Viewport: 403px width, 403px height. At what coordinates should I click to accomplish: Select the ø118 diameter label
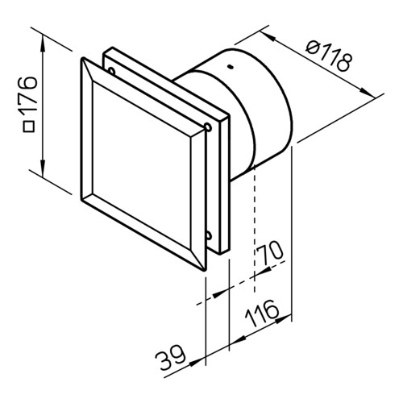coord(329,56)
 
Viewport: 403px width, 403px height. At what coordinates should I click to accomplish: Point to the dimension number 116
coord(262,313)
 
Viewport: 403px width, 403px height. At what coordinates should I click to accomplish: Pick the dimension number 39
coord(170,357)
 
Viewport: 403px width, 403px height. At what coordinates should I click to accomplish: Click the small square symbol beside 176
coord(29,127)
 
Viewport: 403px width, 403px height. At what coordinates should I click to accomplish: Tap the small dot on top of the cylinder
coord(231,67)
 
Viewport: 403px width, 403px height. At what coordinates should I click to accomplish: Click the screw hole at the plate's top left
coord(111,71)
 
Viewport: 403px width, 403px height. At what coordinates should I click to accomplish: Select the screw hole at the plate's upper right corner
coord(208,127)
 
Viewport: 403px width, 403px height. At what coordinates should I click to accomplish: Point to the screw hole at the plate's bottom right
coord(209,235)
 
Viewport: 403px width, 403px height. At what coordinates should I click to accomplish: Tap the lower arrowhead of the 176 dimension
coord(43,167)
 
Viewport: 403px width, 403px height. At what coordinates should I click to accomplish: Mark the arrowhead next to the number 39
coord(197,362)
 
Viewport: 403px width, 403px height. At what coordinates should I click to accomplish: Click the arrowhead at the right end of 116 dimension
coord(284,318)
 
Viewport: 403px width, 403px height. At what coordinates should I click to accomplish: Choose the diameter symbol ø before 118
coord(312,47)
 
